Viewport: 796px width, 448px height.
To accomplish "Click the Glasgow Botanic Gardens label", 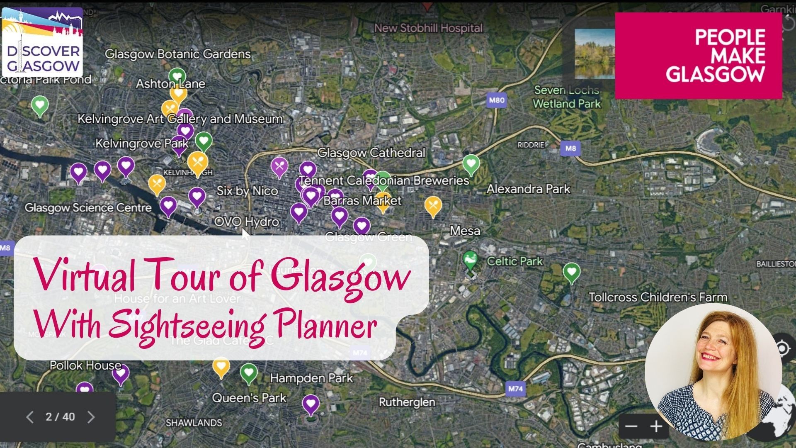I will point(177,54).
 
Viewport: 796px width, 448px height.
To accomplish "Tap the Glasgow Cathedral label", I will point(371,153).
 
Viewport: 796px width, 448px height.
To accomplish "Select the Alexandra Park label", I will point(528,189).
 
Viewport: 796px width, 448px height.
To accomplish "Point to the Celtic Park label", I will point(514,261).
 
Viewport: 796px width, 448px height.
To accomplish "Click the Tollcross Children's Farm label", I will point(658,297).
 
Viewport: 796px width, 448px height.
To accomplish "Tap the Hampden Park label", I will point(311,378).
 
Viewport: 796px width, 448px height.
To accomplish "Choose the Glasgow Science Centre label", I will point(88,207).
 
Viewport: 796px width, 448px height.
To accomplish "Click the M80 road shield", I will point(497,100).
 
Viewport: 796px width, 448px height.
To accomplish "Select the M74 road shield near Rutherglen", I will point(515,389).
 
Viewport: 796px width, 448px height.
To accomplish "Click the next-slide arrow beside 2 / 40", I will point(91,417).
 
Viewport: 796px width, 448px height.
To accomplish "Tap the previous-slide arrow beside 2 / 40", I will point(29,417).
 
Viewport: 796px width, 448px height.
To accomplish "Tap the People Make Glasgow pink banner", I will point(698,56).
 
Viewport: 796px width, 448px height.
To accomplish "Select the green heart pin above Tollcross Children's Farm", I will point(571,272).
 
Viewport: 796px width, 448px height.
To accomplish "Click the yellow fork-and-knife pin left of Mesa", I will point(433,205).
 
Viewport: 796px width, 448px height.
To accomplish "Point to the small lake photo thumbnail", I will point(595,54).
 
